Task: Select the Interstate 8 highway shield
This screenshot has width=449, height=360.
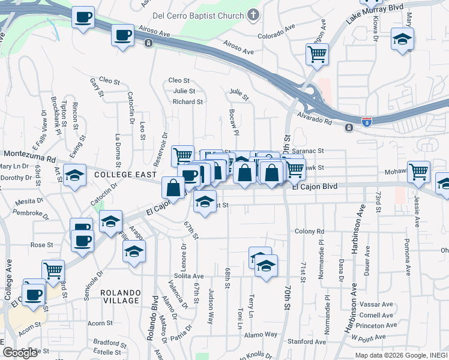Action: (x=366, y=122)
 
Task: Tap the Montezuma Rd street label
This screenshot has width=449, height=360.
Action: (x=28, y=158)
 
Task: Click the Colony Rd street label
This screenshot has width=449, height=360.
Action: (x=309, y=231)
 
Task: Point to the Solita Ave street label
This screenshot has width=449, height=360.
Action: (x=190, y=276)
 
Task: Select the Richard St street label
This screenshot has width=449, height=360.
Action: (x=187, y=102)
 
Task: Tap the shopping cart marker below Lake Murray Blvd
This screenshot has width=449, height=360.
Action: (x=317, y=54)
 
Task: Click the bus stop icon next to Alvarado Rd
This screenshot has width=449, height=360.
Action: (x=349, y=127)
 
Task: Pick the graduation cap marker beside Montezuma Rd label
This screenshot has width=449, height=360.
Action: (x=74, y=175)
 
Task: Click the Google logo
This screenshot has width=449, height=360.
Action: (x=20, y=353)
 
